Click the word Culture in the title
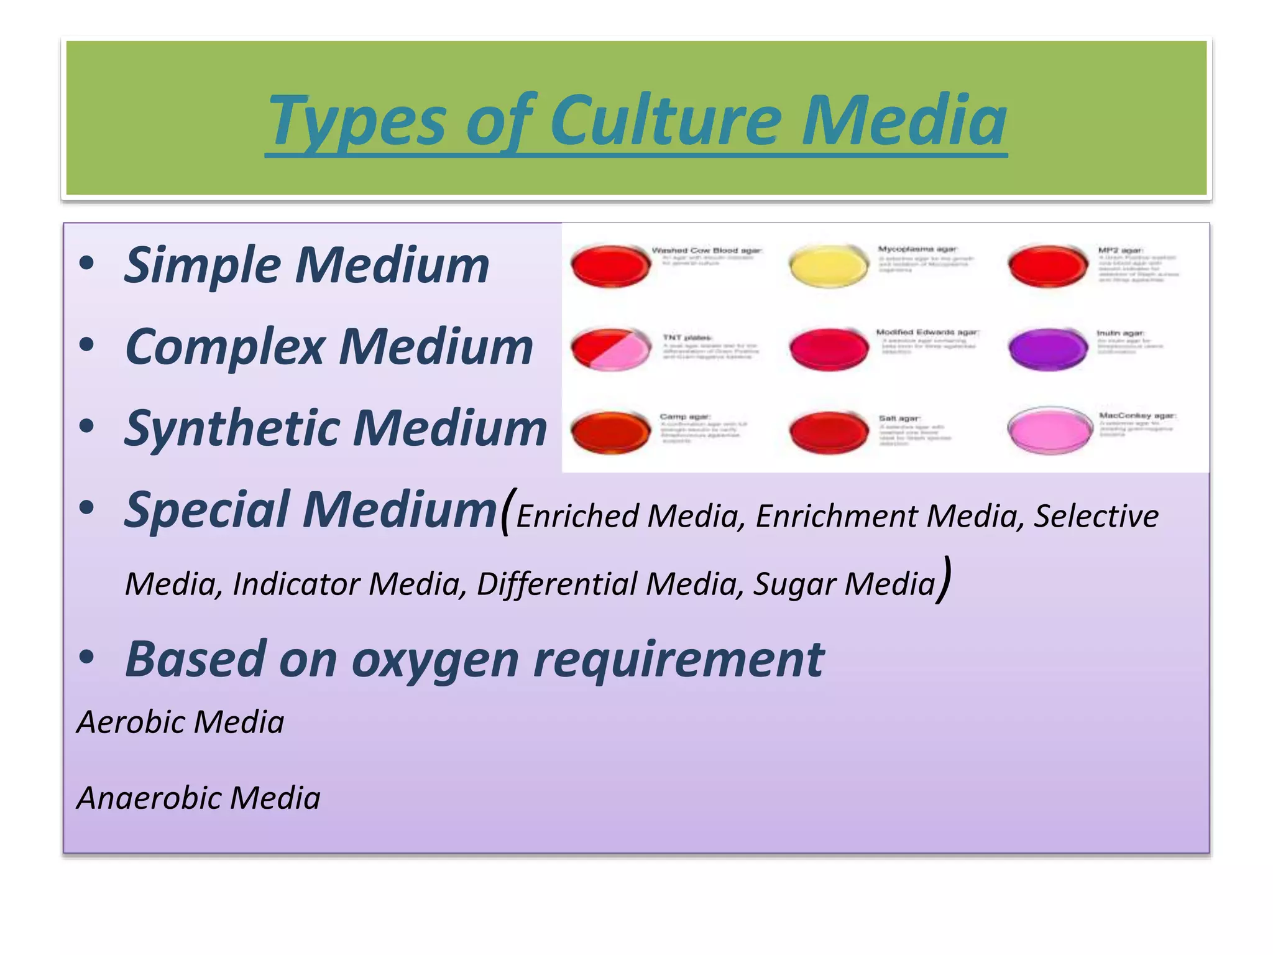click(x=665, y=119)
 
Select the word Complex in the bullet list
click(x=225, y=347)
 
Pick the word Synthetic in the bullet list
click(x=231, y=429)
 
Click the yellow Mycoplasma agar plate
click(x=829, y=266)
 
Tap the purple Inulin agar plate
click(x=1047, y=349)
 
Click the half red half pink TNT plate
click(x=610, y=349)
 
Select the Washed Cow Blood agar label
click(x=706, y=251)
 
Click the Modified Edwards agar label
click(x=927, y=333)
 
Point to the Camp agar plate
click(x=610, y=431)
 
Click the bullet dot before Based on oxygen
click(x=86, y=657)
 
